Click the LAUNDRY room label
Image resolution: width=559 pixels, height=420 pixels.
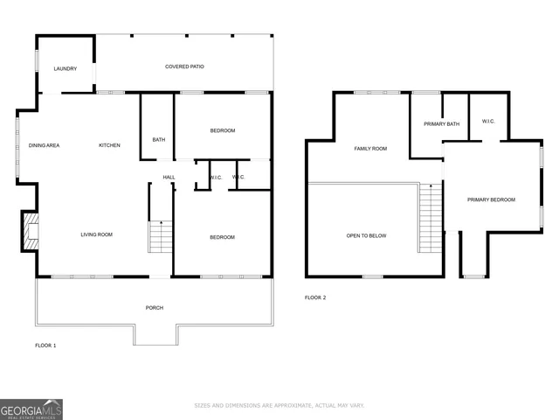65,69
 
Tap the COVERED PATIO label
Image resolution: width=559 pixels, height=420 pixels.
184,67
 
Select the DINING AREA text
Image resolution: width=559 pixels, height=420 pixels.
44,145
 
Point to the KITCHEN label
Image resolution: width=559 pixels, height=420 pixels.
109,145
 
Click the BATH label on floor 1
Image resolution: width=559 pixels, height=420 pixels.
158,140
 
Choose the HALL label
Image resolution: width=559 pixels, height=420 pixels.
169,178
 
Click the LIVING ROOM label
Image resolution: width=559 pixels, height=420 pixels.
96,234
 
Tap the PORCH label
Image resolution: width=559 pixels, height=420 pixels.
155,307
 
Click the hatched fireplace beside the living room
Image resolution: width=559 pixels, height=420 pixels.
30,232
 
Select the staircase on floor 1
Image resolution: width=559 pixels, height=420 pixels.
160,237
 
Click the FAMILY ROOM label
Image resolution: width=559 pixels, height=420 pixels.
369,149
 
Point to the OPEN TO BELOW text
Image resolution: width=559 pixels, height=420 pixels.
366,236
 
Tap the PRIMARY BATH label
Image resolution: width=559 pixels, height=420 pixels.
441,124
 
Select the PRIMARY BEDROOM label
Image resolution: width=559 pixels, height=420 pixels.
491,199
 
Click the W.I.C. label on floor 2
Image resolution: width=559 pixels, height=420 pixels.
488,122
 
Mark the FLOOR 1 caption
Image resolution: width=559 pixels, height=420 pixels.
45,346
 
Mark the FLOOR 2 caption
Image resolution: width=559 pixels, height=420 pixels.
314,298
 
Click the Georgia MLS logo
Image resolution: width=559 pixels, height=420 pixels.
31,409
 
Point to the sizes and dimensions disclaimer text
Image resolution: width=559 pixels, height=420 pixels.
279,406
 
